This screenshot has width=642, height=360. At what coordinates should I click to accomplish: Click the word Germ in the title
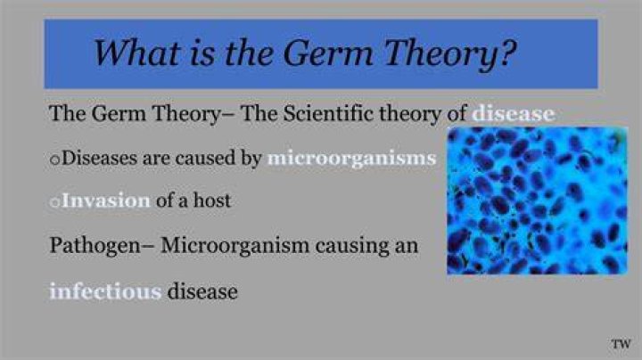click(x=328, y=53)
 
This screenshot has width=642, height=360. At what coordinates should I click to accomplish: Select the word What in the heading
click(x=137, y=53)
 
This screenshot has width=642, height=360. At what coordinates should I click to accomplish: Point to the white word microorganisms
click(x=351, y=159)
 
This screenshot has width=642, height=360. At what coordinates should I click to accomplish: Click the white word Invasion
click(x=105, y=200)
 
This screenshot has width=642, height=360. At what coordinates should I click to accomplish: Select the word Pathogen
click(x=95, y=245)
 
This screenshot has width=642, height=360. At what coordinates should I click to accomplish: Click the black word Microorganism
click(x=235, y=245)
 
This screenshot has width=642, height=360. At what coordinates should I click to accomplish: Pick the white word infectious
click(x=105, y=291)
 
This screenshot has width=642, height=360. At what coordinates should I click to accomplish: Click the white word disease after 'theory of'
click(x=514, y=113)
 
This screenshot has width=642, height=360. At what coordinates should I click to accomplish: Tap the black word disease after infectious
click(x=202, y=291)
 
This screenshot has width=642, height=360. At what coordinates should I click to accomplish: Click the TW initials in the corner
click(x=621, y=344)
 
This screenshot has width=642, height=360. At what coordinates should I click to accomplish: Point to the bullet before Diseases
click(x=54, y=160)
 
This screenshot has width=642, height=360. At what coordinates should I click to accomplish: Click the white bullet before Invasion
click(x=54, y=202)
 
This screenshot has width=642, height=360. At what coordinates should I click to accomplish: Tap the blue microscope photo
click(x=537, y=200)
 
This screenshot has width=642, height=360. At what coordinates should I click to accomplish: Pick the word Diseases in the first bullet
click(x=99, y=158)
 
